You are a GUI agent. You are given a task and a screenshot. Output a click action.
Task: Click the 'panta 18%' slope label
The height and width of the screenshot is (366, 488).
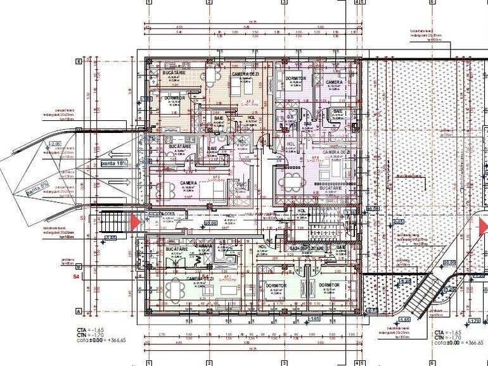coord(114,163)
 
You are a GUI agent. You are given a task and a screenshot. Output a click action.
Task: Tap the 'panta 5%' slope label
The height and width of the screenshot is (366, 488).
coord(38,188)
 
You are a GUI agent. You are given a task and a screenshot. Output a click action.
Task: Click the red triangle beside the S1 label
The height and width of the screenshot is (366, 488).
coord(135,222)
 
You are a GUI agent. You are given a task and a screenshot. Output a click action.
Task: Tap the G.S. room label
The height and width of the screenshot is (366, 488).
coord(290,117)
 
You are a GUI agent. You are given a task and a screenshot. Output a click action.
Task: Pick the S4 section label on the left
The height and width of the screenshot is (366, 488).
coord(75,277)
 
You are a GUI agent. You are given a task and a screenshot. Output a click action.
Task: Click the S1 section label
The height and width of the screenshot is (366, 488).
coord(82,217)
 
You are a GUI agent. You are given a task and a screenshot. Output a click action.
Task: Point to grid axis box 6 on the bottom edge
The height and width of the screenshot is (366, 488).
coord(433,363)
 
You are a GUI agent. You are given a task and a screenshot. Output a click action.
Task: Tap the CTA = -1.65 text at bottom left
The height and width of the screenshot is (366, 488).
coord(90,331)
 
